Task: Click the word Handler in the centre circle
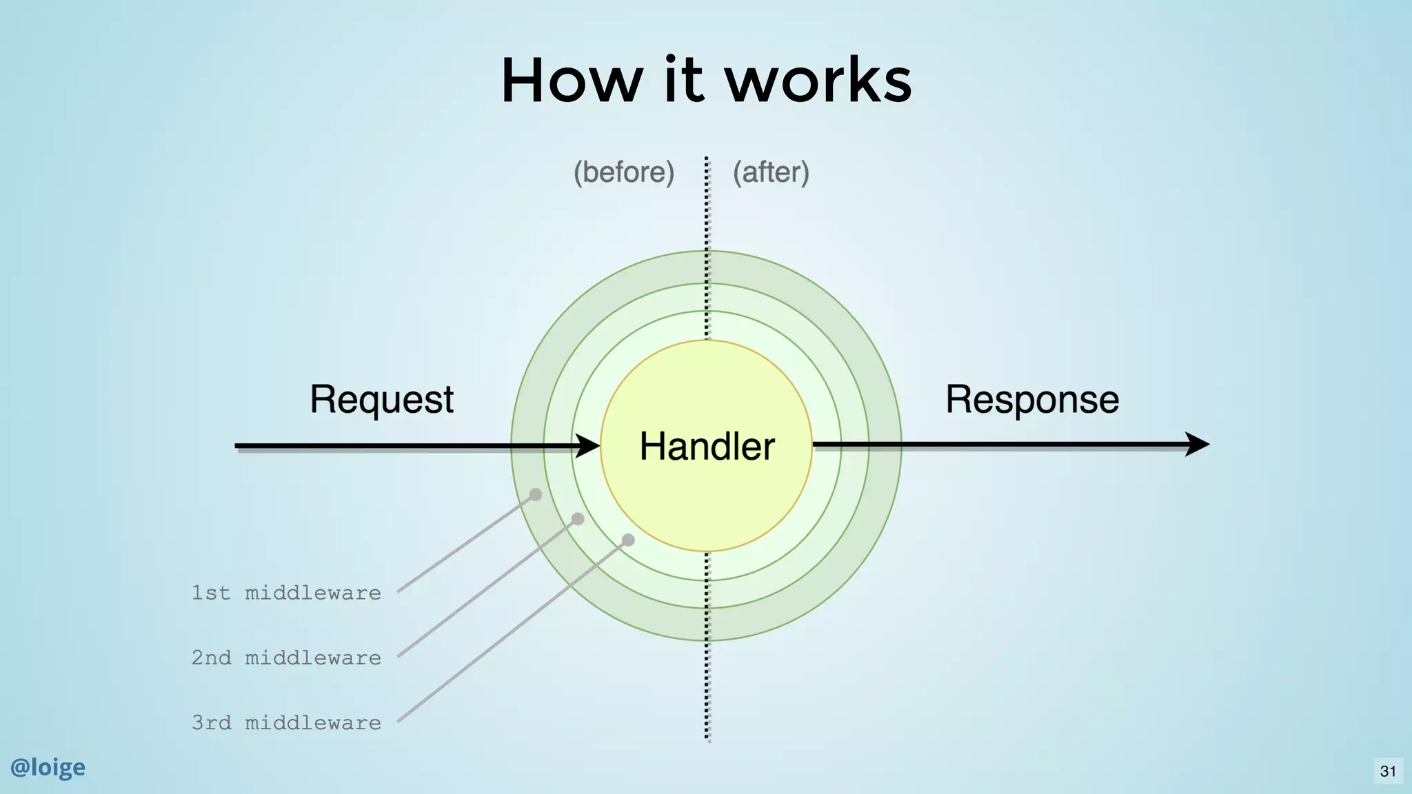click(707, 446)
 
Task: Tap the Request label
click(381, 400)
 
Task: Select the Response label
click(1031, 400)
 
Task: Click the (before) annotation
click(624, 172)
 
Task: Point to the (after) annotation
click(771, 172)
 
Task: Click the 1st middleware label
click(286, 593)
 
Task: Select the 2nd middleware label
click(286, 658)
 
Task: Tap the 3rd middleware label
click(286, 722)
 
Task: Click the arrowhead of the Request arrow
click(588, 445)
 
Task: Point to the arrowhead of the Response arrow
click(1198, 444)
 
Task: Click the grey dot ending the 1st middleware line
click(536, 494)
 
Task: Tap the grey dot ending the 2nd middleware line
click(578, 519)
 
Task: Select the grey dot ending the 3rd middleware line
click(628, 540)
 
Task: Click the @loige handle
click(48, 767)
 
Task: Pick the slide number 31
click(1388, 771)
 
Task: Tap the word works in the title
click(818, 81)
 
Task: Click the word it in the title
click(684, 81)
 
